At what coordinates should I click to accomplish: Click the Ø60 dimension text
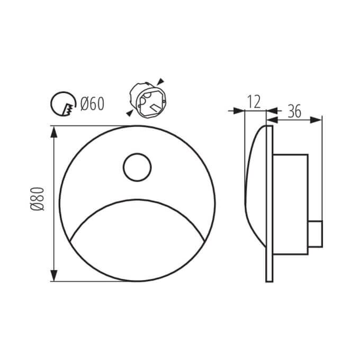click(x=92, y=104)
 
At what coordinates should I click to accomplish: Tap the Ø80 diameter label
click(x=37, y=199)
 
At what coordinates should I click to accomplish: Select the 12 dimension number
click(x=254, y=102)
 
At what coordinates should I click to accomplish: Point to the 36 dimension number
click(x=294, y=111)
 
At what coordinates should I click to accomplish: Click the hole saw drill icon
click(x=63, y=104)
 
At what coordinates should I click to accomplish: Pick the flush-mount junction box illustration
click(x=148, y=101)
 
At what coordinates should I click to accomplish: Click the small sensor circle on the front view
click(x=137, y=167)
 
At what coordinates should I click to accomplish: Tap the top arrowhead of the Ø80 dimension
click(x=53, y=132)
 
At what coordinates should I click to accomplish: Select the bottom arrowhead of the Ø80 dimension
click(x=53, y=275)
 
